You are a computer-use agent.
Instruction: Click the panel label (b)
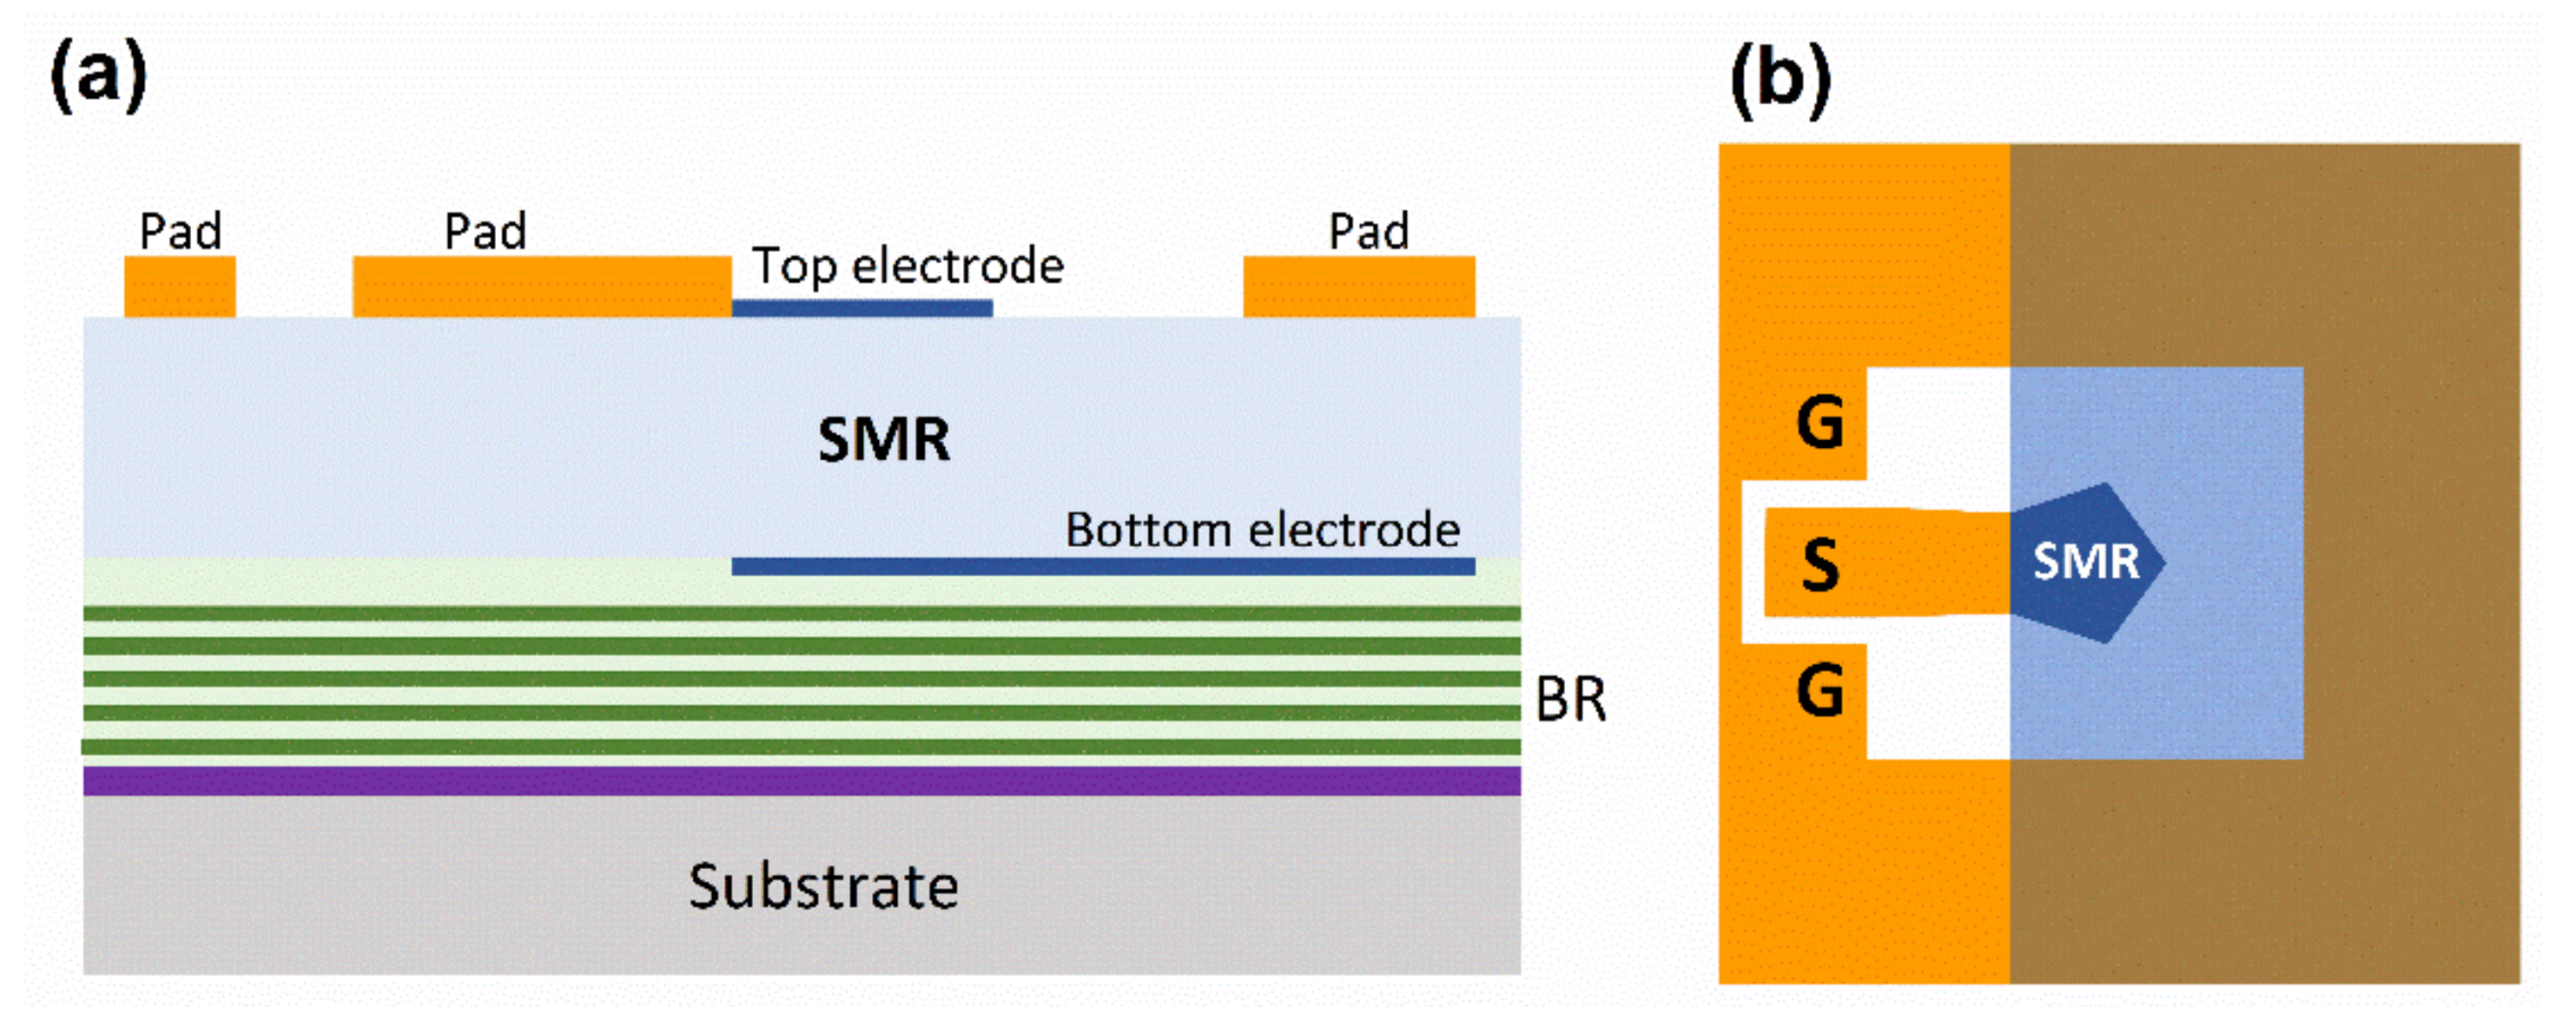[1780, 80]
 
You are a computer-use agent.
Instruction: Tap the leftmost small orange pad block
[180, 286]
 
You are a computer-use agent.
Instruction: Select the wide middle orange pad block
[542, 286]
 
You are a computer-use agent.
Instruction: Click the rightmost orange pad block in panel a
[1358, 286]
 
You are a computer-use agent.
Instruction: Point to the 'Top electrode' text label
[908, 266]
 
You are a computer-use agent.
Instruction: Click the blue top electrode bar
[862, 308]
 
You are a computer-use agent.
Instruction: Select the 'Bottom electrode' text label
[1262, 530]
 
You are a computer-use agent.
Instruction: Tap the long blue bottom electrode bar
[1103, 566]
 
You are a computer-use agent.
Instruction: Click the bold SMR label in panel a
[883, 440]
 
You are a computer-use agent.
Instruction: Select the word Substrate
[822, 886]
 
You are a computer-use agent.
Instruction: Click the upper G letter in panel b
[1820, 423]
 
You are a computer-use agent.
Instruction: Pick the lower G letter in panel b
[1820, 690]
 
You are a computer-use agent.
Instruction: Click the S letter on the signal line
[1820, 564]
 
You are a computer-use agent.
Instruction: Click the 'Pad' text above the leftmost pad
[181, 231]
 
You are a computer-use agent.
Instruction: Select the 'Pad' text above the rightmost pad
[1368, 231]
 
